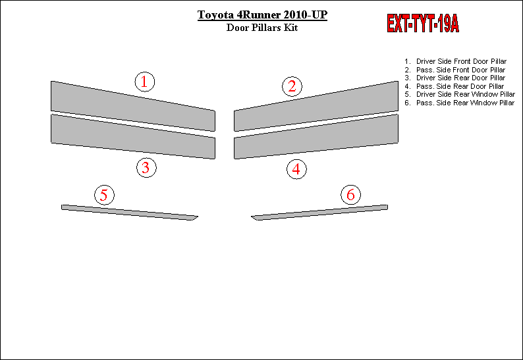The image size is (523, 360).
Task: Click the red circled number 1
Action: tap(145, 82)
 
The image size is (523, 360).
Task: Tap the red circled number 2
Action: tap(292, 86)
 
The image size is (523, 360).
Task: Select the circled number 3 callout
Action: tap(146, 167)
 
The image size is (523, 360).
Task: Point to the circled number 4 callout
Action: tap(296, 169)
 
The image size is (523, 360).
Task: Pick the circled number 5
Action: tap(104, 195)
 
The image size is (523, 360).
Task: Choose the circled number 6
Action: tap(350, 195)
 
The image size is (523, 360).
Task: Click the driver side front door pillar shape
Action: tap(133, 106)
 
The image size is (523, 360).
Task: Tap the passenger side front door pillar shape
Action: tap(316, 106)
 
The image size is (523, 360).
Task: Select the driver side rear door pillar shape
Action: tap(133, 136)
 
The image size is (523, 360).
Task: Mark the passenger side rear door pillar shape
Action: tap(316, 136)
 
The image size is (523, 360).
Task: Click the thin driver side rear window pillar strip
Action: tap(129, 213)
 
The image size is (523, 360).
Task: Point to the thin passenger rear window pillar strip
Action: tap(319, 213)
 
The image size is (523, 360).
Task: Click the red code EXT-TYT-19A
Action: tap(423, 23)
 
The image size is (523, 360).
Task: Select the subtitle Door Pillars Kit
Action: tap(262, 28)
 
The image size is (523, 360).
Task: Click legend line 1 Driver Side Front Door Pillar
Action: tap(456, 61)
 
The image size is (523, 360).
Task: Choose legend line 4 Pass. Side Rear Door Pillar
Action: tap(454, 86)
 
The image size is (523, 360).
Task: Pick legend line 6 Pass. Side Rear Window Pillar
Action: tap(460, 103)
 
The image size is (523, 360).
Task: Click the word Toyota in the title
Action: tap(215, 15)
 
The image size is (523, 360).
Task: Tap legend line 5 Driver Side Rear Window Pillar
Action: tap(460, 94)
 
